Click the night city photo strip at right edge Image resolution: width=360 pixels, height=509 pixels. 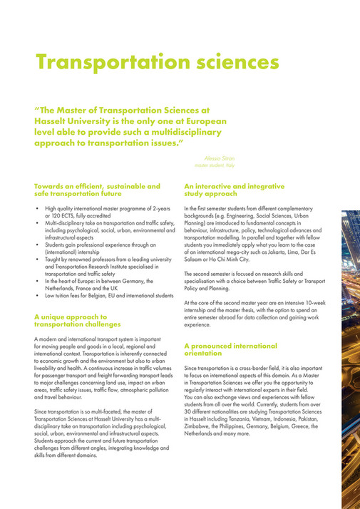coord(351,356)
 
